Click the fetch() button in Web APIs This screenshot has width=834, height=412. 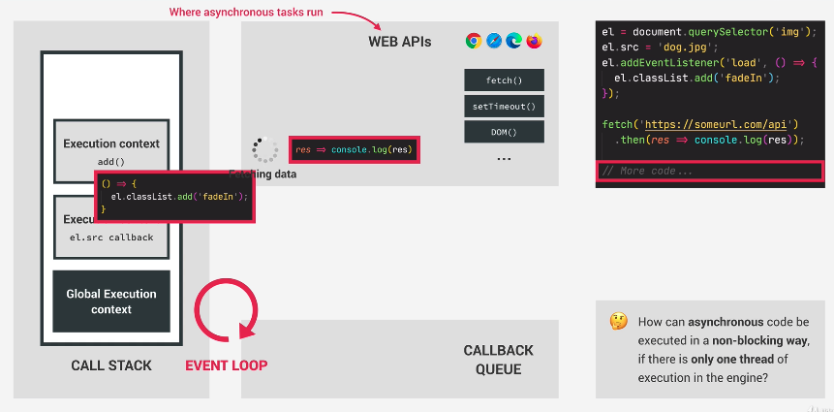pyautogui.click(x=504, y=80)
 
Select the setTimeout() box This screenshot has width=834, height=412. pyautogui.click(x=504, y=106)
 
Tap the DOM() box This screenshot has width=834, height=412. pyautogui.click(x=504, y=132)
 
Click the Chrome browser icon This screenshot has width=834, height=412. pyautogui.click(x=474, y=41)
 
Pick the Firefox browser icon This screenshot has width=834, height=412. pyautogui.click(x=535, y=41)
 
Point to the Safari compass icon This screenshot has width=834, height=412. pyautogui.click(x=494, y=41)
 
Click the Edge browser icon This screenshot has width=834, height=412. pyautogui.click(x=514, y=41)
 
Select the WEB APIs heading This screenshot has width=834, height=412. pyautogui.click(x=400, y=42)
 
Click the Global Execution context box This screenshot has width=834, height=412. pyautogui.click(x=111, y=301)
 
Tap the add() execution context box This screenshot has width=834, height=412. pyautogui.click(x=111, y=150)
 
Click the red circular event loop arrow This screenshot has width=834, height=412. pyautogui.click(x=227, y=311)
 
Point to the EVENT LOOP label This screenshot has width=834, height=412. pyautogui.click(x=227, y=365)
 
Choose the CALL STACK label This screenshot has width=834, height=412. pyautogui.click(x=111, y=365)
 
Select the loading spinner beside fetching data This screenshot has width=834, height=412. pyautogui.click(x=263, y=148)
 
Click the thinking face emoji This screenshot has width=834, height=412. pyautogui.click(x=617, y=321)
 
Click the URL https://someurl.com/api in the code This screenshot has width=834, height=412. pyautogui.click(x=715, y=124)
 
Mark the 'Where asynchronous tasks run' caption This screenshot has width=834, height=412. pyautogui.click(x=246, y=13)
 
